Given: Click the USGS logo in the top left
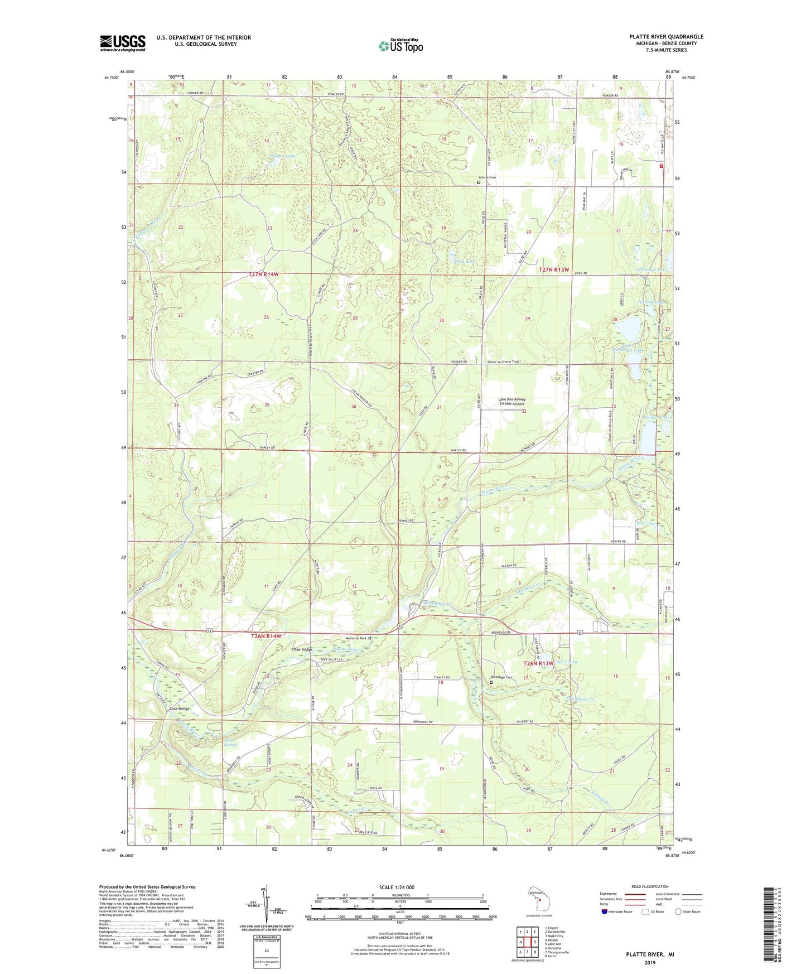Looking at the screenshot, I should point(123,43).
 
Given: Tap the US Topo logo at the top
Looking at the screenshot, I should point(400,46).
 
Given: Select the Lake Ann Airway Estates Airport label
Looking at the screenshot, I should point(511,402).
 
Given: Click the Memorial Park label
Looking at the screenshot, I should point(355,638).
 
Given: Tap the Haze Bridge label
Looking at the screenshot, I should point(302,650).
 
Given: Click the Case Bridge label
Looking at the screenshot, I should point(180,709).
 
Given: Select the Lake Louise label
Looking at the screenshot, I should point(566,662).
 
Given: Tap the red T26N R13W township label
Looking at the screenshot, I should point(538,663).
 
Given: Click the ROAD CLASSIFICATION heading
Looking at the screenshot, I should point(649,886).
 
